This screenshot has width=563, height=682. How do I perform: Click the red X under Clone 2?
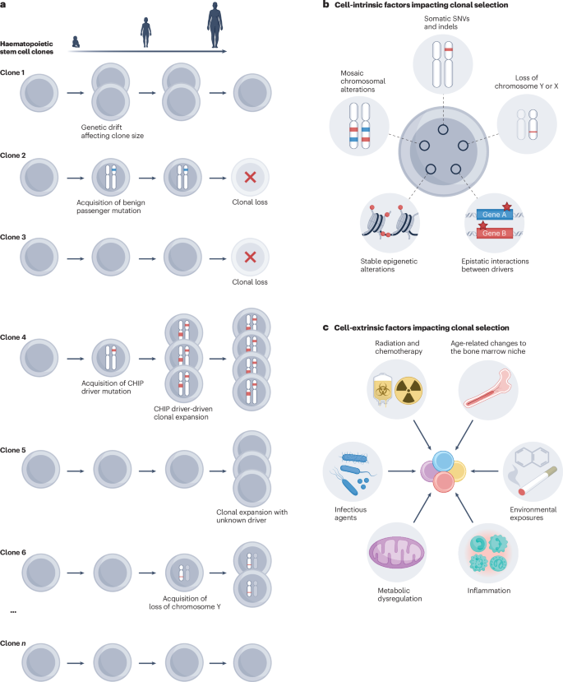(250, 177)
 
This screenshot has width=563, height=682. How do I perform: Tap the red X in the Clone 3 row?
(250, 257)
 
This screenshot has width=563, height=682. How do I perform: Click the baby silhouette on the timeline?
(76, 42)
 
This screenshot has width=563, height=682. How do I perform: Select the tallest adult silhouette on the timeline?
(215, 25)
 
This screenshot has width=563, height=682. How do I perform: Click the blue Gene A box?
(494, 215)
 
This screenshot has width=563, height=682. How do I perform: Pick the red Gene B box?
(494, 233)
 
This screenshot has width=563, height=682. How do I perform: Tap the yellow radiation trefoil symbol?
(408, 390)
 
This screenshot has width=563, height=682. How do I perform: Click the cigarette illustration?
(538, 481)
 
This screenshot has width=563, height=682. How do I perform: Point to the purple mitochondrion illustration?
(397, 552)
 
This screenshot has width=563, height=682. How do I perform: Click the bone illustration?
(488, 388)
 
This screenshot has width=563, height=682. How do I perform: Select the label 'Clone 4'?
(13, 337)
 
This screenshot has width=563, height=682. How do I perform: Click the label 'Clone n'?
(13, 643)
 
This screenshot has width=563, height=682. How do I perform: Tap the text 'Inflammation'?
(489, 590)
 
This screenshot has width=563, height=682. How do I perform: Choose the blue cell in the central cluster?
(443, 461)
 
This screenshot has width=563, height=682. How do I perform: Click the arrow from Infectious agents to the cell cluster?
(401, 471)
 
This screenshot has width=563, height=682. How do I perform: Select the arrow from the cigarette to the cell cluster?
(484, 471)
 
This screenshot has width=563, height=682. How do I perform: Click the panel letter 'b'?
(325, 5)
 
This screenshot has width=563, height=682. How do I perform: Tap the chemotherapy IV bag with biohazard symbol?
(383, 390)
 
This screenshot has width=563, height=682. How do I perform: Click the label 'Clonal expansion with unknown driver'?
(252, 516)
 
